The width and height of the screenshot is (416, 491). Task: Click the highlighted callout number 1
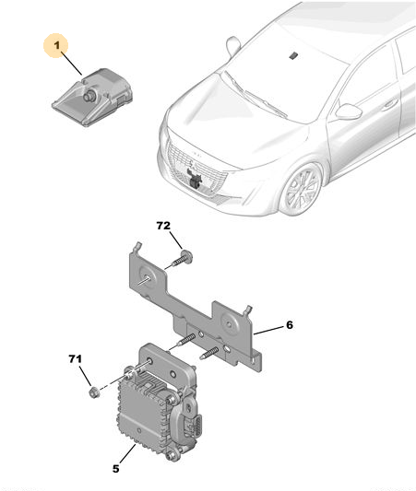point(57,46)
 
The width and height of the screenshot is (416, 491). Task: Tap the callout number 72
point(163,226)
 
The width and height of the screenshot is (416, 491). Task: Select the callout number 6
point(290,325)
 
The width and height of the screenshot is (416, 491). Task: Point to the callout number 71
point(76,359)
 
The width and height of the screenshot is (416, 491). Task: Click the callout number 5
point(116,469)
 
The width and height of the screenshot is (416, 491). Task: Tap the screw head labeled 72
point(187,256)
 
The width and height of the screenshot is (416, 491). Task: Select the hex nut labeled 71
point(93,392)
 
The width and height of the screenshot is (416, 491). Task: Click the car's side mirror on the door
point(348,111)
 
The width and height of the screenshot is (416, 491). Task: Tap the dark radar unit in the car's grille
point(195,178)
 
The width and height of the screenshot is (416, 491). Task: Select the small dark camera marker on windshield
point(293,56)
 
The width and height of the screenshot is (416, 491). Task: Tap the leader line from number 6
point(268,331)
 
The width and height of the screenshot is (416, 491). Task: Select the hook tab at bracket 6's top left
point(137,247)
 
